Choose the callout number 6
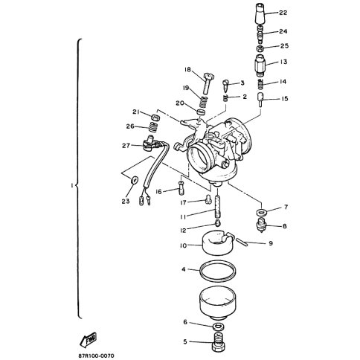click(184, 322)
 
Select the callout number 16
click(158, 190)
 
